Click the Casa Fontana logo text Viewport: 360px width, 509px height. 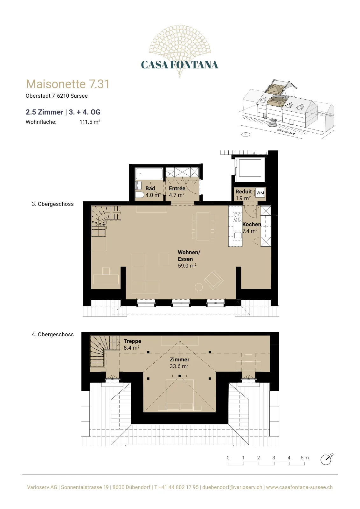coord(179,65)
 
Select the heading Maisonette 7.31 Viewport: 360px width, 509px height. coord(68,84)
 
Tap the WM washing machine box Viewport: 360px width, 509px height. coord(260,193)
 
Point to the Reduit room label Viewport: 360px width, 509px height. coord(244,192)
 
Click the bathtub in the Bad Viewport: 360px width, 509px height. coord(149,174)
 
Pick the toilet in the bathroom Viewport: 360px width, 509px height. coord(140,195)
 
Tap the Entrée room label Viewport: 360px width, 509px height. coord(177,188)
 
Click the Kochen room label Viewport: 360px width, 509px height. coord(252,224)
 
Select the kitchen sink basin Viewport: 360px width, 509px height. coord(238,236)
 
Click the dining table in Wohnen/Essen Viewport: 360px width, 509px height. coord(203,226)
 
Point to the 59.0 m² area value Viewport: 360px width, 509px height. coord(187,266)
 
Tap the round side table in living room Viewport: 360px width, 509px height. coord(199,287)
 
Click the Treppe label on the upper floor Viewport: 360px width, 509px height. coord(132,341)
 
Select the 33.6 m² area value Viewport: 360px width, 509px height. coord(179,366)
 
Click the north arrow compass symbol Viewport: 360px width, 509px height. coord(326,459)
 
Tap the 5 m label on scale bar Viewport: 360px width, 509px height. coord(305,458)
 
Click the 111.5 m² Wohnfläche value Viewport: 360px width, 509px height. coord(90,122)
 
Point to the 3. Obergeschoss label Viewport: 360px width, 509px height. coord(53,204)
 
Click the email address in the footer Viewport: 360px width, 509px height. coord(232,487)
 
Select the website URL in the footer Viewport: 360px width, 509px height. coord(299,487)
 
